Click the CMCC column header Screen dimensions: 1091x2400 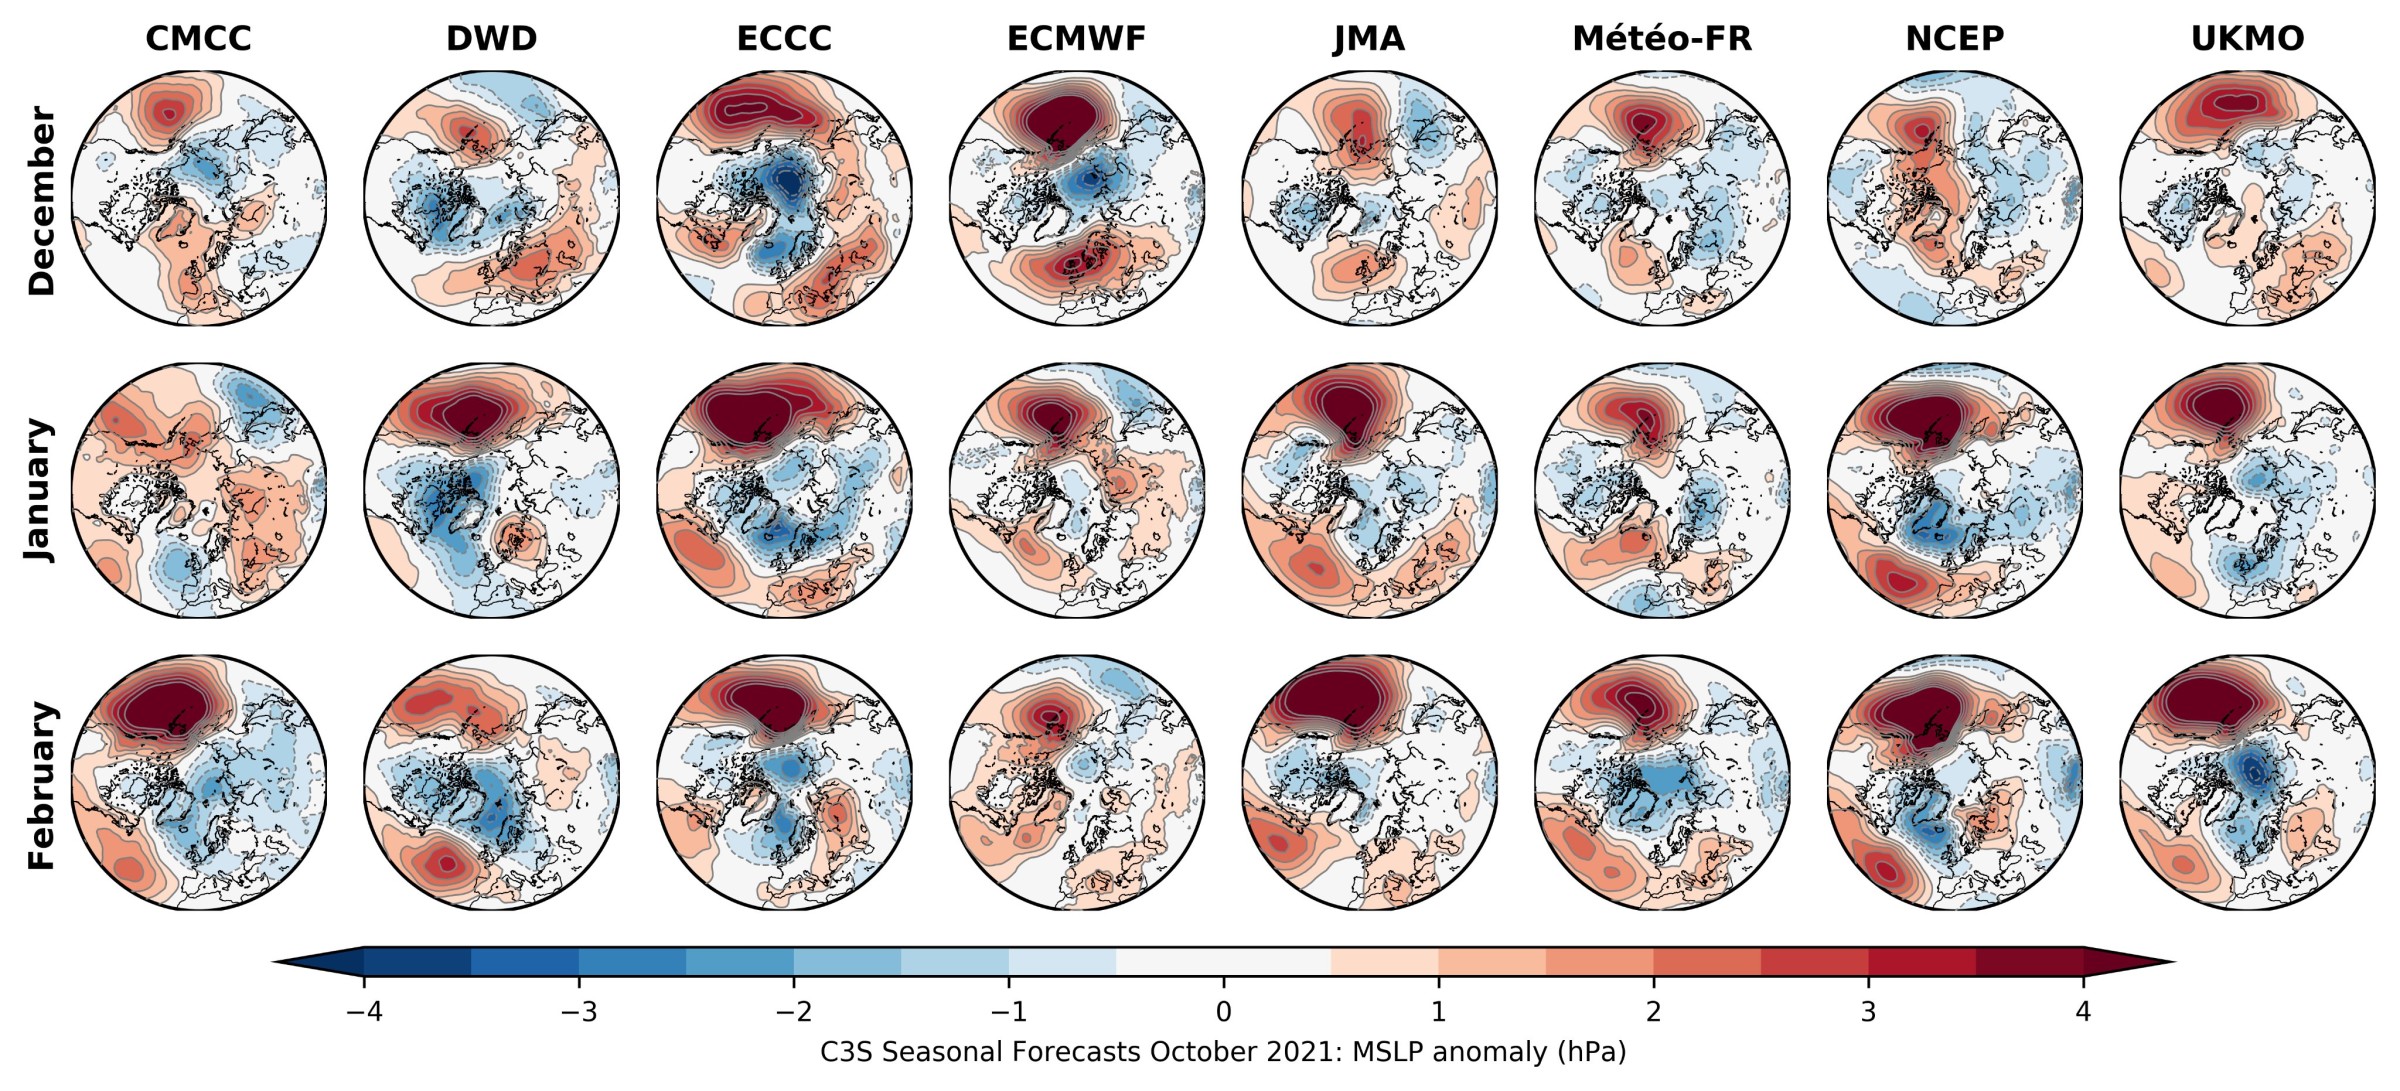click(x=198, y=38)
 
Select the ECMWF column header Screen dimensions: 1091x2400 click(x=1076, y=38)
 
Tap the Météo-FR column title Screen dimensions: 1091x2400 click(x=1662, y=38)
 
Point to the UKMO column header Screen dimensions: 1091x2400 click(x=2247, y=38)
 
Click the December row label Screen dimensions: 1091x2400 click(x=41, y=200)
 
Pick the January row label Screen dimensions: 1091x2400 click(x=41, y=490)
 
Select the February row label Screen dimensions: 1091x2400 click(x=41, y=785)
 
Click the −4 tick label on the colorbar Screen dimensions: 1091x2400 click(x=363, y=1011)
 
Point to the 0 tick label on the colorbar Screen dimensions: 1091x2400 click(x=1223, y=1011)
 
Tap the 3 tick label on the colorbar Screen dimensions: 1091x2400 click(x=1868, y=1011)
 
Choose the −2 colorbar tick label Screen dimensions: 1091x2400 click(x=793, y=1011)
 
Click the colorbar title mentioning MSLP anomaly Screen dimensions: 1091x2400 click(x=1223, y=1052)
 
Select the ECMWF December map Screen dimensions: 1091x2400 click(x=1077, y=197)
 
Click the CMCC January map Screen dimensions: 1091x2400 click(x=199, y=490)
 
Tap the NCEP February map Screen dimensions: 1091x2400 click(x=1955, y=783)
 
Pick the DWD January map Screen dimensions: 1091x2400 click(x=491, y=490)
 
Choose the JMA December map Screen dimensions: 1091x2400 click(x=1370, y=197)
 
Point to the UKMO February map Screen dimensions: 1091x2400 click(x=2247, y=783)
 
